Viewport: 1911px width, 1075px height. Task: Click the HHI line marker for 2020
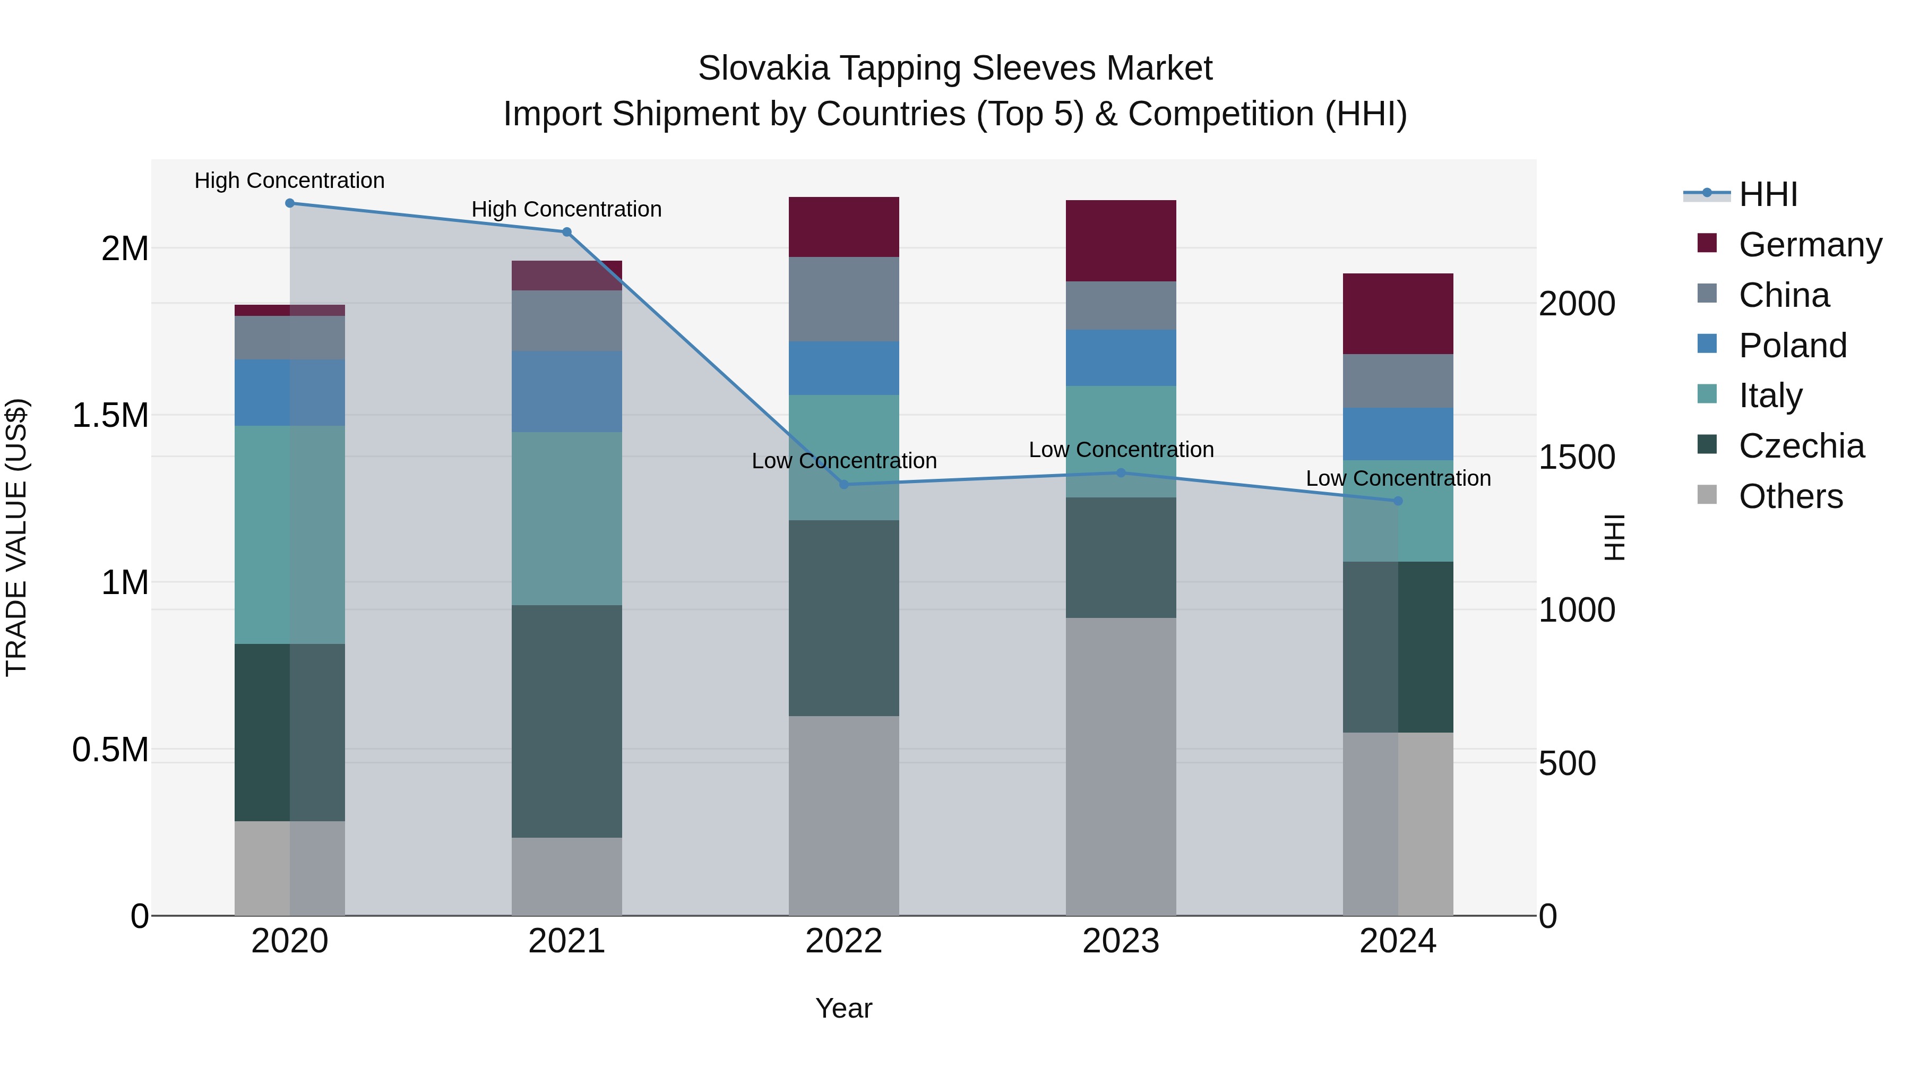[x=290, y=203]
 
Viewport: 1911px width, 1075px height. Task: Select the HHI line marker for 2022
[x=843, y=485]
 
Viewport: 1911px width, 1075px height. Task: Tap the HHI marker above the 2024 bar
[x=1398, y=501]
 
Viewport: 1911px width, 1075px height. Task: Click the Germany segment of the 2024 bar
[x=1398, y=314]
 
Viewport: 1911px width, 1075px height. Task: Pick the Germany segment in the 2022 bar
[x=843, y=227]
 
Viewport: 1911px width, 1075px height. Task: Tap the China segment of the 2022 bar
[x=843, y=299]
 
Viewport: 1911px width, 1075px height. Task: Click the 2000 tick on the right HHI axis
[x=1577, y=304]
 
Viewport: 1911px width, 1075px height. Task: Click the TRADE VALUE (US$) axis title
[x=16, y=537]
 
